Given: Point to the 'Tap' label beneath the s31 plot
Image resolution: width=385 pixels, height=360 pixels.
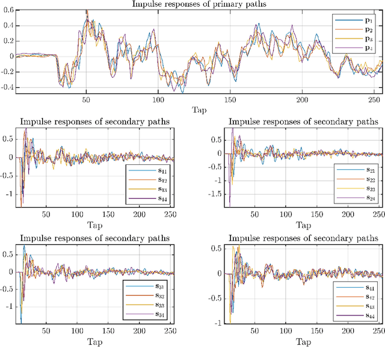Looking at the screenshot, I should (x=94, y=342).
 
